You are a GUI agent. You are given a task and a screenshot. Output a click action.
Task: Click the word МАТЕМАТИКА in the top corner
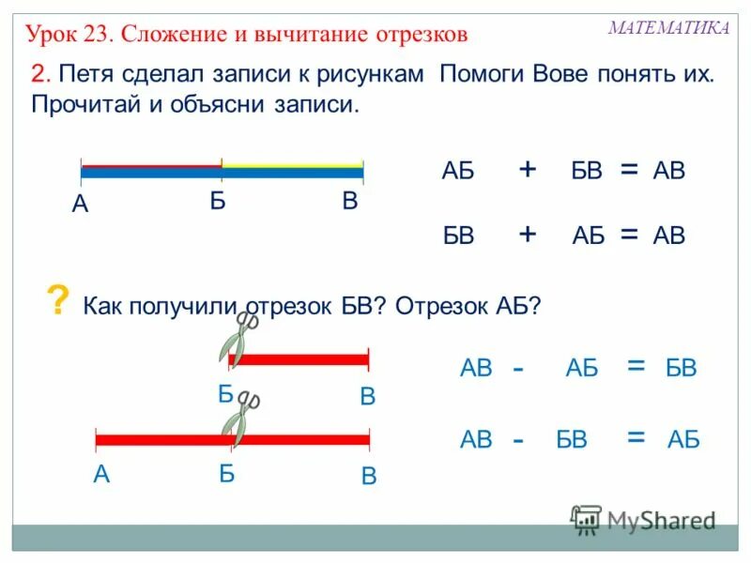[668, 28]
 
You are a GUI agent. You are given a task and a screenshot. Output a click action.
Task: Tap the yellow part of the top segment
[292, 165]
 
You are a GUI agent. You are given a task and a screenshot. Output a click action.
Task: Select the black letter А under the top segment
[80, 204]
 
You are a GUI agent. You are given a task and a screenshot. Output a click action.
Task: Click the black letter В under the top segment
[350, 201]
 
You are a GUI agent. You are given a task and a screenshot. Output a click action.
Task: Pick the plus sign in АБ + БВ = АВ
[528, 169]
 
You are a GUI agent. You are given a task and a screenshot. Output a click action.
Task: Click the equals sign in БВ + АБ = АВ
[628, 235]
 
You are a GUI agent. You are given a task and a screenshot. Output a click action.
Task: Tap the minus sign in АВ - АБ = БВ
[518, 369]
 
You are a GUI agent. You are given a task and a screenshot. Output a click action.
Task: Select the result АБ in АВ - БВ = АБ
[683, 439]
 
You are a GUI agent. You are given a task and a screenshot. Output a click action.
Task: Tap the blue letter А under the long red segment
[101, 475]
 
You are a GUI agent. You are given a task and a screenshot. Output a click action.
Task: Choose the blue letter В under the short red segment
[367, 397]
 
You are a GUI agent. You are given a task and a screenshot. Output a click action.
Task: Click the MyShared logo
[644, 519]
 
